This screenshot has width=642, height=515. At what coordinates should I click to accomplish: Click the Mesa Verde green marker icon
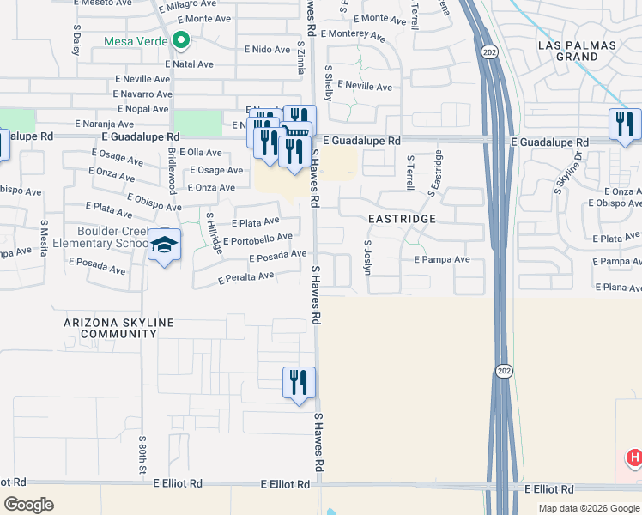pyautogui.click(x=180, y=39)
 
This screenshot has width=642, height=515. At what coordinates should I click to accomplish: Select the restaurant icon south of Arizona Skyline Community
pyautogui.click(x=299, y=382)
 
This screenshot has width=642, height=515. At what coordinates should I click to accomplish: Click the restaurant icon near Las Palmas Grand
pyautogui.click(x=624, y=125)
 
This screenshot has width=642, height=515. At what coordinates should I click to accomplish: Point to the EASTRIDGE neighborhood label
pyautogui.click(x=403, y=219)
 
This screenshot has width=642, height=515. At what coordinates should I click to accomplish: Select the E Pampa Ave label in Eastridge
pyautogui.click(x=442, y=259)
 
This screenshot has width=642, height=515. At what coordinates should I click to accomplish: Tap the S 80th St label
pyautogui.click(x=142, y=454)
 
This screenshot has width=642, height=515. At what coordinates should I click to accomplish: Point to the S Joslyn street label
pyautogui.click(x=367, y=257)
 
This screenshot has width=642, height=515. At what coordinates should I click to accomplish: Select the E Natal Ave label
pyautogui.click(x=193, y=64)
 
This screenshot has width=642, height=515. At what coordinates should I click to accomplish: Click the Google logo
pyautogui.click(x=28, y=505)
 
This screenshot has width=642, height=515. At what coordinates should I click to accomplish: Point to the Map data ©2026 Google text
pyautogui.click(x=588, y=507)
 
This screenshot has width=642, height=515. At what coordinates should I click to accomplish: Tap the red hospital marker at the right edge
pyautogui.click(x=634, y=458)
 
